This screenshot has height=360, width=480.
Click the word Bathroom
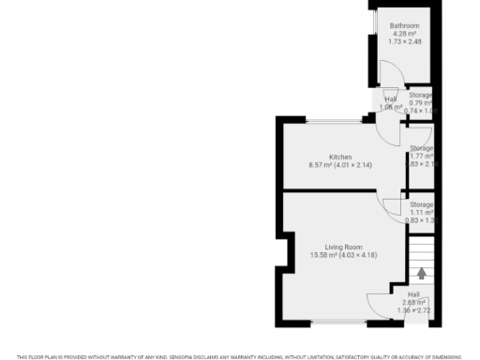click(x=405, y=25)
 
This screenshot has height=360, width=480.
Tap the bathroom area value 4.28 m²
click(x=405, y=34)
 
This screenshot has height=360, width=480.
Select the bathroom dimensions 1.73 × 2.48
click(x=405, y=41)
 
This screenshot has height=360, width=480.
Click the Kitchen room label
click(x=339, y=157)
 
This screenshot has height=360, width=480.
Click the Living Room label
click(x=330, y=247)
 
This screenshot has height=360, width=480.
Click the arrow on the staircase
click(x=422, y=274)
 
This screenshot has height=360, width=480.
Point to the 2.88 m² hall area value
click(x=413, y=302)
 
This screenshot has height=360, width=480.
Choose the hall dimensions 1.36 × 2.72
click(x=413, y=310)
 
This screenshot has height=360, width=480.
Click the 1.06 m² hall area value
click(x=391, y=107)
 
